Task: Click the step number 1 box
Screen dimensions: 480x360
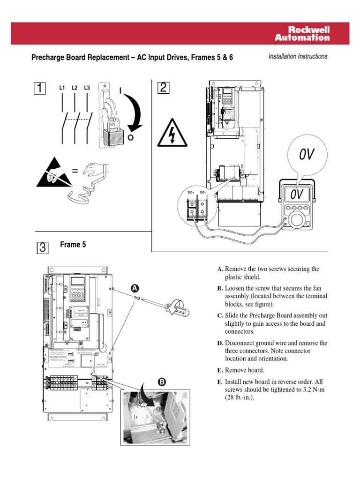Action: tap(41, 88)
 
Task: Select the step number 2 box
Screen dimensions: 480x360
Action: tap(163, 88)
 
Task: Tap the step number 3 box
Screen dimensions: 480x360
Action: tap(42, 248)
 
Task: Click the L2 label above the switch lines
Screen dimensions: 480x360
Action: tap(75, 88)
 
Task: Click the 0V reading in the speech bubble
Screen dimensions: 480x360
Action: tap(307, 154)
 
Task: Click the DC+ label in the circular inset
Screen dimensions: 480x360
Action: tap(191, 192)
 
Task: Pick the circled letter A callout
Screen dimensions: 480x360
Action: tap(135, 287)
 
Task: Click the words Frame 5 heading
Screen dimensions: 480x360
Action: tap(73, 245)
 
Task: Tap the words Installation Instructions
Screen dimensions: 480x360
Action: tap(298, 56)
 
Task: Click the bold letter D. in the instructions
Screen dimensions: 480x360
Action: tap(220, 343)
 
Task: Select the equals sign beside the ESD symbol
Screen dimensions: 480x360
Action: tap(75, 172)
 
